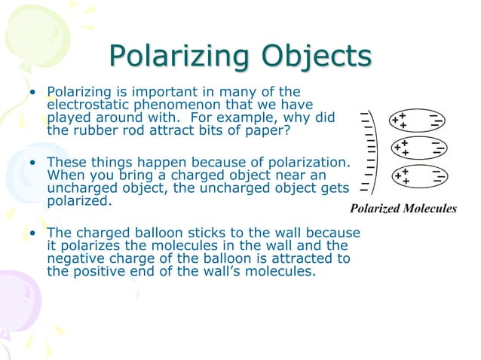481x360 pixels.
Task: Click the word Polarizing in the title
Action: [179, 57]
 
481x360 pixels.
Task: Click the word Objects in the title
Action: [316, 57]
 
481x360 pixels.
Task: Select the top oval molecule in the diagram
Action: [416, 121]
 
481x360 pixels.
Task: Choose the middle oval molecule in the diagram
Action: [416, 148]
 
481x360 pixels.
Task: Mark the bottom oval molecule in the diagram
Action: [416, 176]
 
